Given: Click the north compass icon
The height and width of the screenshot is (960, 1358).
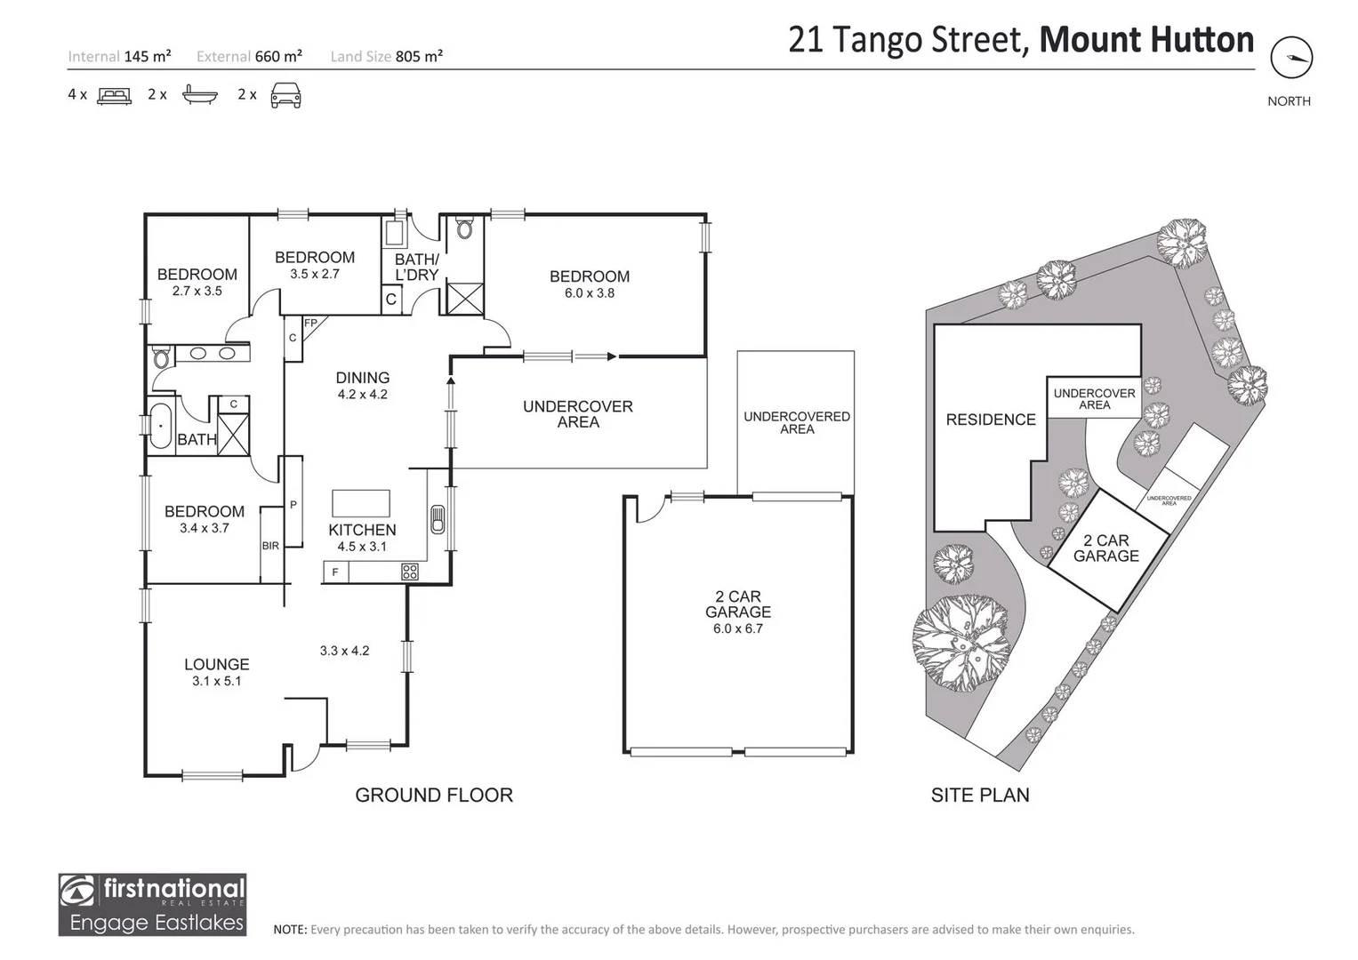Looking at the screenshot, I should (x=1290, y=59).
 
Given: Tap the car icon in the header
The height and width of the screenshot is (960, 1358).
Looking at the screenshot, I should (x=285, y=94).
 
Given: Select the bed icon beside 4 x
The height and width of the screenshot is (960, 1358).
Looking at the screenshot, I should (x=114, y=95).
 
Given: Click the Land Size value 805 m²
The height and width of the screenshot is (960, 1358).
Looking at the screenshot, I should (x=419, y=56).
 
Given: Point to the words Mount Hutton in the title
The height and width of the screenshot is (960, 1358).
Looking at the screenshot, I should (x=1146, y=40).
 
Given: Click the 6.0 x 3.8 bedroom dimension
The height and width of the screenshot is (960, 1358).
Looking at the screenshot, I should (x=589, y=293).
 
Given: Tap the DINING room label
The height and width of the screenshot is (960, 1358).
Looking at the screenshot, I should (x=362, y=378).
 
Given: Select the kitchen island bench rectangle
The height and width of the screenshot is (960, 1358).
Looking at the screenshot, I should (x=361, y=503).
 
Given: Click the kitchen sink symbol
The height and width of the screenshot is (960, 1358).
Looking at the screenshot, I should (x=437, y=519).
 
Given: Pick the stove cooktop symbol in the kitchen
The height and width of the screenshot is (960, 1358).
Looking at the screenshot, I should (x=410, y=572).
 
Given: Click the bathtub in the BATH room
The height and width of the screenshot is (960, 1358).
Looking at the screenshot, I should (x=160, y=426).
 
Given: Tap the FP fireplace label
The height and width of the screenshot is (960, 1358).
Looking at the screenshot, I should (x=310, y=323).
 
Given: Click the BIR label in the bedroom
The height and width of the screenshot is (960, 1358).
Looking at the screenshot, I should (x=270, y=546).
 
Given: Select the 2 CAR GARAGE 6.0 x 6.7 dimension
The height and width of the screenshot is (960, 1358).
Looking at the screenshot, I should (x=737, y=629).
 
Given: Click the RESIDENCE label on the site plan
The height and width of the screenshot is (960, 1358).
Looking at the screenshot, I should (x=991, y=420).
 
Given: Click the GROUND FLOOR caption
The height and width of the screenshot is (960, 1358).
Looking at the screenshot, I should (x=434, y=796).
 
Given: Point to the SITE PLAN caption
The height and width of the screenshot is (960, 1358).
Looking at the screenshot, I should (x=980, y=796).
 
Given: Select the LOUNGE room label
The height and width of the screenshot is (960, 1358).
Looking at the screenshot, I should (x=216, y=664).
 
